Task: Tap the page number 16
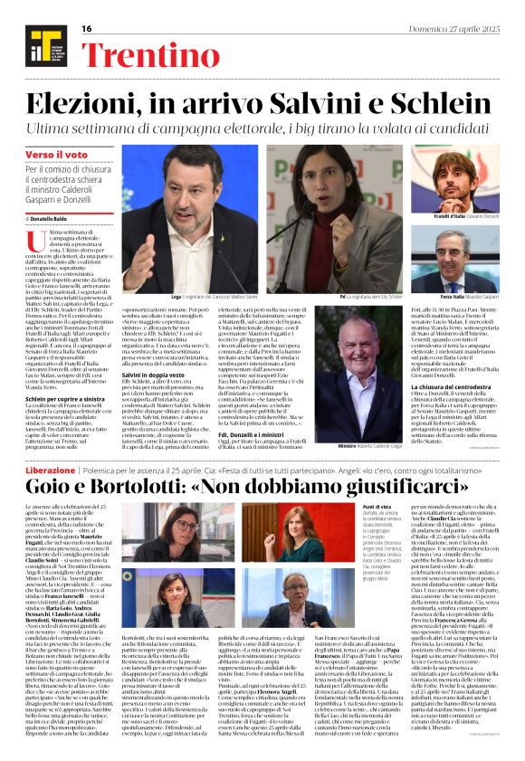pos(87,29)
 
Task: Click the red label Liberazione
pos(50,471)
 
